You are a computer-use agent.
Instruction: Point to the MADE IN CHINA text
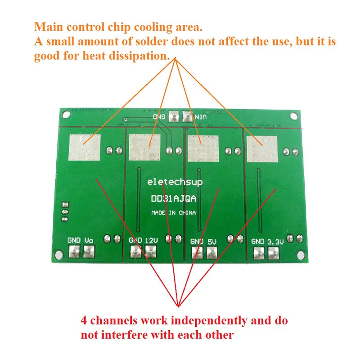pos(173,212)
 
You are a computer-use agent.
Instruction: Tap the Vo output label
pos(89,241)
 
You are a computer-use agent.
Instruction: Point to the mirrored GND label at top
pos(161,116)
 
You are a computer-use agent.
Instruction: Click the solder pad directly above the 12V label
pos(150,253)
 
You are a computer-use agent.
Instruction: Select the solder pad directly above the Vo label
pos(88,253)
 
